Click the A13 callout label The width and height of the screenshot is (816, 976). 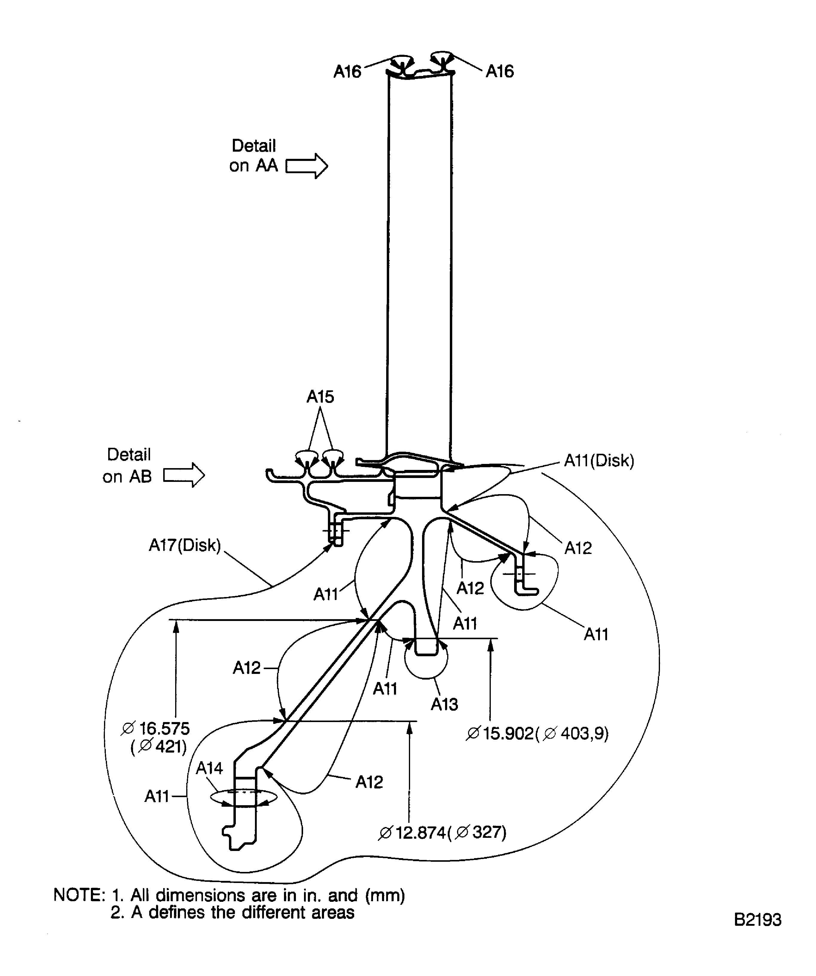(x=444, y=705)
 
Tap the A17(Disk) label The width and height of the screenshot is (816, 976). (x=184, y=545)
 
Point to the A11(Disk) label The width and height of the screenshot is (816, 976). (x=599, y=461)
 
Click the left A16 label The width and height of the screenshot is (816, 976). (x=347, y=71)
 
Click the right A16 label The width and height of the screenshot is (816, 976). (x=500, y=71)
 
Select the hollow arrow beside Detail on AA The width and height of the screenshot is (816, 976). (x=306, y=166)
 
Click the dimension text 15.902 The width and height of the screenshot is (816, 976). (x=508, y=733)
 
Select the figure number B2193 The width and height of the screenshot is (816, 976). (x=757, y=920)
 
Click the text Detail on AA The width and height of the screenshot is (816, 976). (x=253, y=156)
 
